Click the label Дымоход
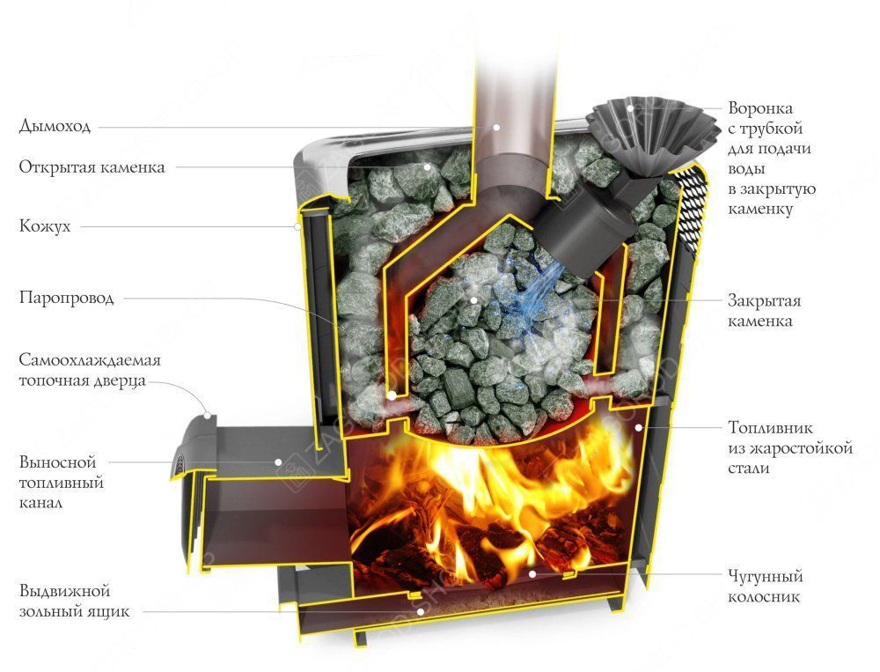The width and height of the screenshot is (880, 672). [x=55, y=125]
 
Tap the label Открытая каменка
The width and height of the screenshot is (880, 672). [x=92, y=166]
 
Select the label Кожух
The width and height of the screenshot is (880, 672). [x=45, y=225]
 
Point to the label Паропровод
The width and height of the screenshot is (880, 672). [x=66, y=297]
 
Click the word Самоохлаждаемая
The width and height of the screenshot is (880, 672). [x=90, y=359]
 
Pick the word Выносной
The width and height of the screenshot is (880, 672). [x=58, y=462]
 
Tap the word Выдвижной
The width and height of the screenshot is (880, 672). [x=64, y=591]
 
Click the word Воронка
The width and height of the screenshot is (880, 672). [x=760, y=107]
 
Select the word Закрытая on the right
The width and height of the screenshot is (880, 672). [x=764, y=300]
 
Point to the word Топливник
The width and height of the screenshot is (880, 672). [x=770, y=427]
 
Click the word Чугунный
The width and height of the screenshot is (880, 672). [x=766, y=576]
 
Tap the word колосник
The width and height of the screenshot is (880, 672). [x=763, y=596]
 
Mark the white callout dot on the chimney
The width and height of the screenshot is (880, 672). [x=496, y=128]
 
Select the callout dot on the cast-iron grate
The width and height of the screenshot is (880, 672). [x=532, y=574]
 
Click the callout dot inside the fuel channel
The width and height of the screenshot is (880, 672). [x=278, y=462]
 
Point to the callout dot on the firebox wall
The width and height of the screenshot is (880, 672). [x=638, y=427]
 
